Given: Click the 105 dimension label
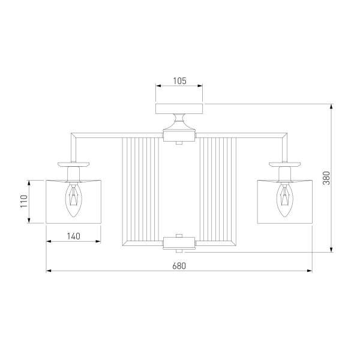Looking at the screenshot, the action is tap(179, 81).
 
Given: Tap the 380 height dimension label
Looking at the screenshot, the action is tap(326, 178).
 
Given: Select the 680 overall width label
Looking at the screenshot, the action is tap(179, 266).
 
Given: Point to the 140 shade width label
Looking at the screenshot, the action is tap(73, 236).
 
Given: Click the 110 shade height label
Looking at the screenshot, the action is tap(24, 201).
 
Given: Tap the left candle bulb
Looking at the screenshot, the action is tap(73, 200).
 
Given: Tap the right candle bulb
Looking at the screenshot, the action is tap(284, 200).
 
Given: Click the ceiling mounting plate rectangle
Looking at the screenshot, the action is tap(179, 109).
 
